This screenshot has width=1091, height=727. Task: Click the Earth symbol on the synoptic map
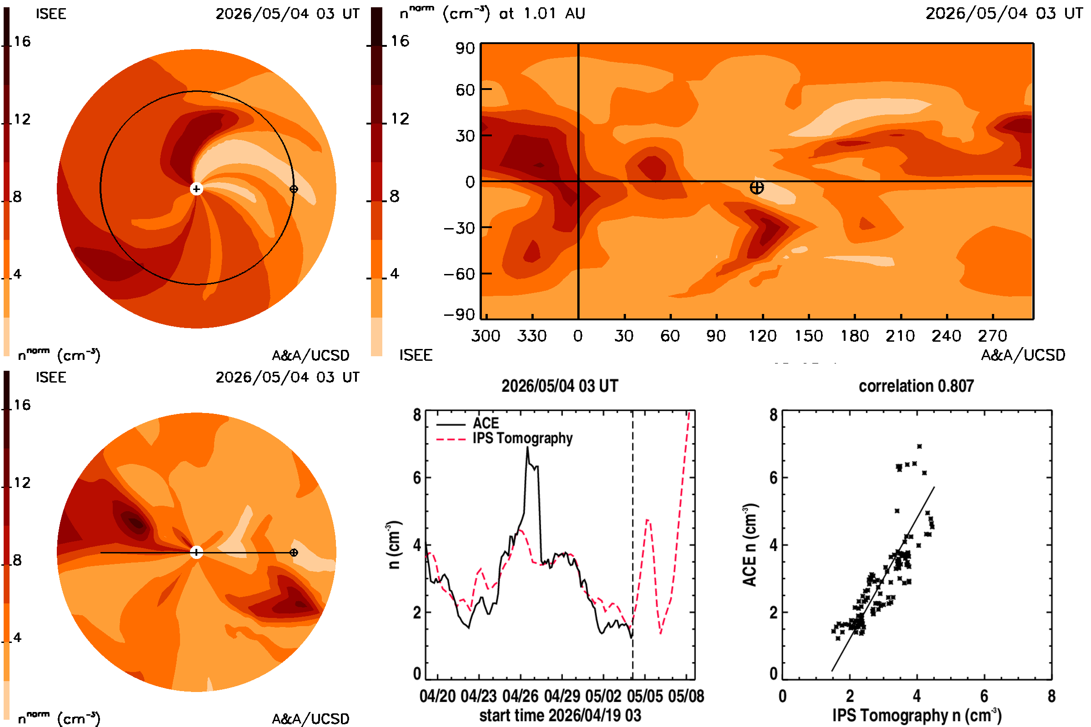point(756,187)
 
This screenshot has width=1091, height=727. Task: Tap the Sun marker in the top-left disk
point(197,189)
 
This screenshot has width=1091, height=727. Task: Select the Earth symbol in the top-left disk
point(294,189)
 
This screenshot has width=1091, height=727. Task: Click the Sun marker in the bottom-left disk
point(197,552)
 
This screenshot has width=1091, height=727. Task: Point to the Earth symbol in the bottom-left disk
point(294,552)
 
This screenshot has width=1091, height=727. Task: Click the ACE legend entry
point(468,423)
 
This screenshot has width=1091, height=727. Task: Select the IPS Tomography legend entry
point(504,438)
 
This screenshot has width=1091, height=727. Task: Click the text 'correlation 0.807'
point(916,386)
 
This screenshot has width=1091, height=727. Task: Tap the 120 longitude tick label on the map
point(763,336)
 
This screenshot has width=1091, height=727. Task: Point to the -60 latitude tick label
point(460,274)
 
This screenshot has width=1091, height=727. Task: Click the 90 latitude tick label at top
point(465,48)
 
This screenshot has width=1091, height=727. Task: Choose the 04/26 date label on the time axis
point(520,696)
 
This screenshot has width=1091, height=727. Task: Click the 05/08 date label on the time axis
point(686,696)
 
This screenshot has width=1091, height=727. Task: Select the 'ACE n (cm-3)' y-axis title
point(750,545)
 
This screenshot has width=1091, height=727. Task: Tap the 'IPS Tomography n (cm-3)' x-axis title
point(916,715)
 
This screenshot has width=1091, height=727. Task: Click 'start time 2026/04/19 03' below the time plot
point(561,715)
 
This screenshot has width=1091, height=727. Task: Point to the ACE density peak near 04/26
point(527,447)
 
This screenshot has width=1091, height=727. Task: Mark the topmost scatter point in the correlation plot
point(919,446)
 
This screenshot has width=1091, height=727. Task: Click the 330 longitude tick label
point(532,336)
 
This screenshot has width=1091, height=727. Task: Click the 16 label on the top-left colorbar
point(22,41)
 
